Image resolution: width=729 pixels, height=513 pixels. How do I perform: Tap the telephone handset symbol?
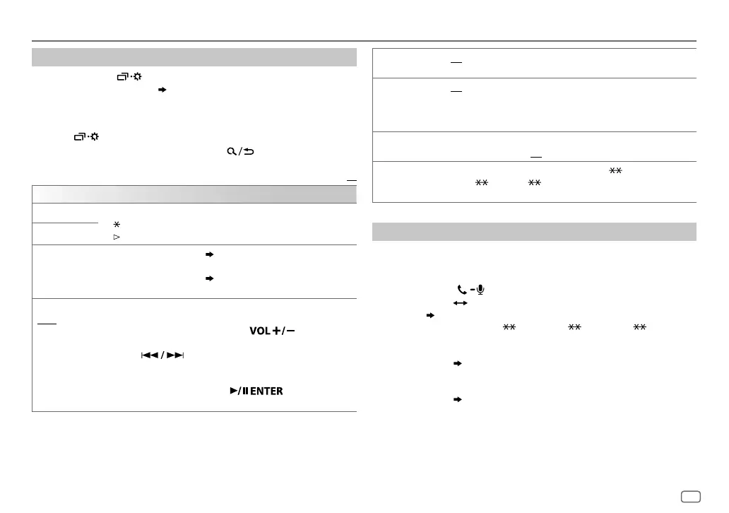[461, 290]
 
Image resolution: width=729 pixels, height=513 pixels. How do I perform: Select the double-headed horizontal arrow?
[456, 302]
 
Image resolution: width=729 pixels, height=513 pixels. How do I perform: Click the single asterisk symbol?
[117, 223]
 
